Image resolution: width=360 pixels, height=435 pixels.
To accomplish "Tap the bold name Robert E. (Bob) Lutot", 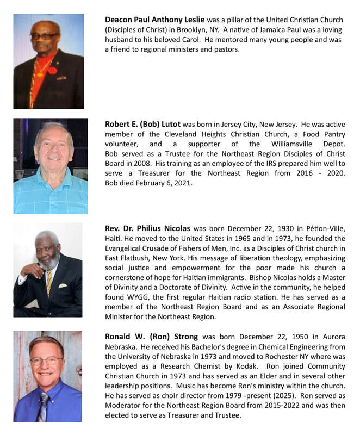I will tap(146, 125).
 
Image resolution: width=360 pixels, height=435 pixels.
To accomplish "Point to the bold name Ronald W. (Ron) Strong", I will tap(152, 337).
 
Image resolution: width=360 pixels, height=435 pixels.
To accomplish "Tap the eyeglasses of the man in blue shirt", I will tap(47, 360).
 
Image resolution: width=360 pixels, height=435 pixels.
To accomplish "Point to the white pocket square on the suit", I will tap(63, 286).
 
